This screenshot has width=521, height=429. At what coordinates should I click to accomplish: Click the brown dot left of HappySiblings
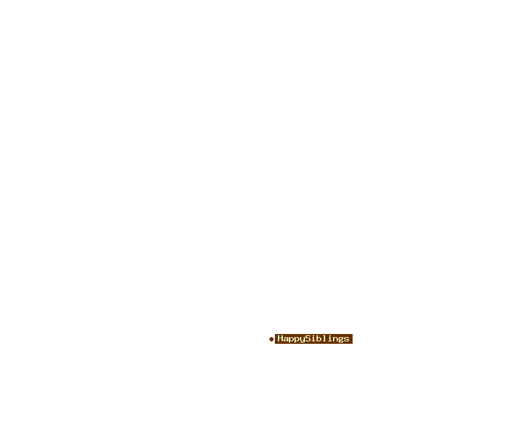pos(271,339)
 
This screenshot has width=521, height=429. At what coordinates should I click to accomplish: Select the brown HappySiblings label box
pos(313,339)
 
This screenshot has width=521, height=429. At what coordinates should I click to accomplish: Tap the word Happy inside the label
pos(291,339)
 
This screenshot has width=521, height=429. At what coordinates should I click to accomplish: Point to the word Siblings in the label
pos(328,339)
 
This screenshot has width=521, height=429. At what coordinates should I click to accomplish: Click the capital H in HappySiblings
pos(280,338)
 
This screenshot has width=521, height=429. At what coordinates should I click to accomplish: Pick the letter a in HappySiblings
pos(286,339)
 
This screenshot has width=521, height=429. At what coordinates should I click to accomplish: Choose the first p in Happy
pos(291,340)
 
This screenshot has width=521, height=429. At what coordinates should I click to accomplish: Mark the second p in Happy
pos(297,340)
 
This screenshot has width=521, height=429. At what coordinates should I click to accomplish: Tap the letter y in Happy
pos(302,340)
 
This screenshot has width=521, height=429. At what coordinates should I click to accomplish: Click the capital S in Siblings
pos(308,338)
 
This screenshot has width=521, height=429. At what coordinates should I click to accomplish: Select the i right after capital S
pos(313,338)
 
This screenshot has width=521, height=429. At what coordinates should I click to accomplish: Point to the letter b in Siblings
pos(319,338)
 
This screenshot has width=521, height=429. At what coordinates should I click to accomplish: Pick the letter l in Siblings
pos(324,338)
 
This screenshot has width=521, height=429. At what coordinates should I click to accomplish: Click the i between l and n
pos(330,338)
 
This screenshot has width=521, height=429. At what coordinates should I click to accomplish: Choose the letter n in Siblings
pos(335,339)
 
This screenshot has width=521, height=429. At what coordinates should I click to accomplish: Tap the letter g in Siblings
pos(341,340)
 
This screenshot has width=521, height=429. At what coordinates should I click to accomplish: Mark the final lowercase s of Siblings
pos(347,339)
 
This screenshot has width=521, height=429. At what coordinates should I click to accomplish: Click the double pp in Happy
pos(294,340)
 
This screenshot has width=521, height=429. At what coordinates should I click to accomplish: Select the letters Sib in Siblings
pos(313,338)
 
